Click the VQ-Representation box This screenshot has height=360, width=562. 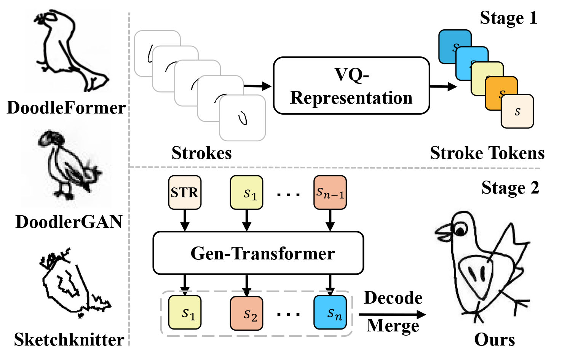(x=351, y=86)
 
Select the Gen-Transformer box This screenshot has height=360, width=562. (x=258, y=253)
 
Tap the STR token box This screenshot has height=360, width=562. (x=185, y=192)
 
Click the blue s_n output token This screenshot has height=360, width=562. (x=330, y=312)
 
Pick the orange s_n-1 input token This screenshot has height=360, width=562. (x=330, y=192)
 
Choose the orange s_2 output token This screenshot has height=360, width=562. (x=246, y=313)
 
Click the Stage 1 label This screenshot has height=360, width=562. (x=508, y=18)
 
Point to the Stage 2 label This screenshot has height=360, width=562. (x=510, y=188)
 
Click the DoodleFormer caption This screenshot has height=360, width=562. (x=66, y=108)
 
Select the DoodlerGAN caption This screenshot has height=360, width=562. (x=69, y=222)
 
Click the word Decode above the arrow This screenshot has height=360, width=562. (x=393, y=298)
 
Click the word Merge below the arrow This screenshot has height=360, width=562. (x=393, y=326)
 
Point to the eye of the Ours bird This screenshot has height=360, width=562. (x=461, y=230)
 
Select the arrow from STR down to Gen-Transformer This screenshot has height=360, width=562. (x=185, y=220)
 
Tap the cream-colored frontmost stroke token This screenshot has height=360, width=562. (x=517, y=111)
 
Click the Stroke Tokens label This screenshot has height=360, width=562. (x=487, y=153)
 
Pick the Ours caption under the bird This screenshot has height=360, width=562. (x=494, y=339)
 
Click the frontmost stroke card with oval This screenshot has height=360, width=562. (x=243, y=118)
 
